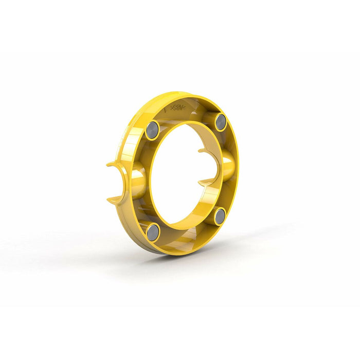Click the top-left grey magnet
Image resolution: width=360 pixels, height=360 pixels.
coord(152,130)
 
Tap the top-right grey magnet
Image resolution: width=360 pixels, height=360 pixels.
coord(221,121)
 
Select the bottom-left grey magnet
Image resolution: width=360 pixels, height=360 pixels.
coord(153,232)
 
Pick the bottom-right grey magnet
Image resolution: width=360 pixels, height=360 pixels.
coord(220,217)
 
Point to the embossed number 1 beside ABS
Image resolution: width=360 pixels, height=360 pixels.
coord(165,109)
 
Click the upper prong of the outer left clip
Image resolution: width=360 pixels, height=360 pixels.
coord(114,165)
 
